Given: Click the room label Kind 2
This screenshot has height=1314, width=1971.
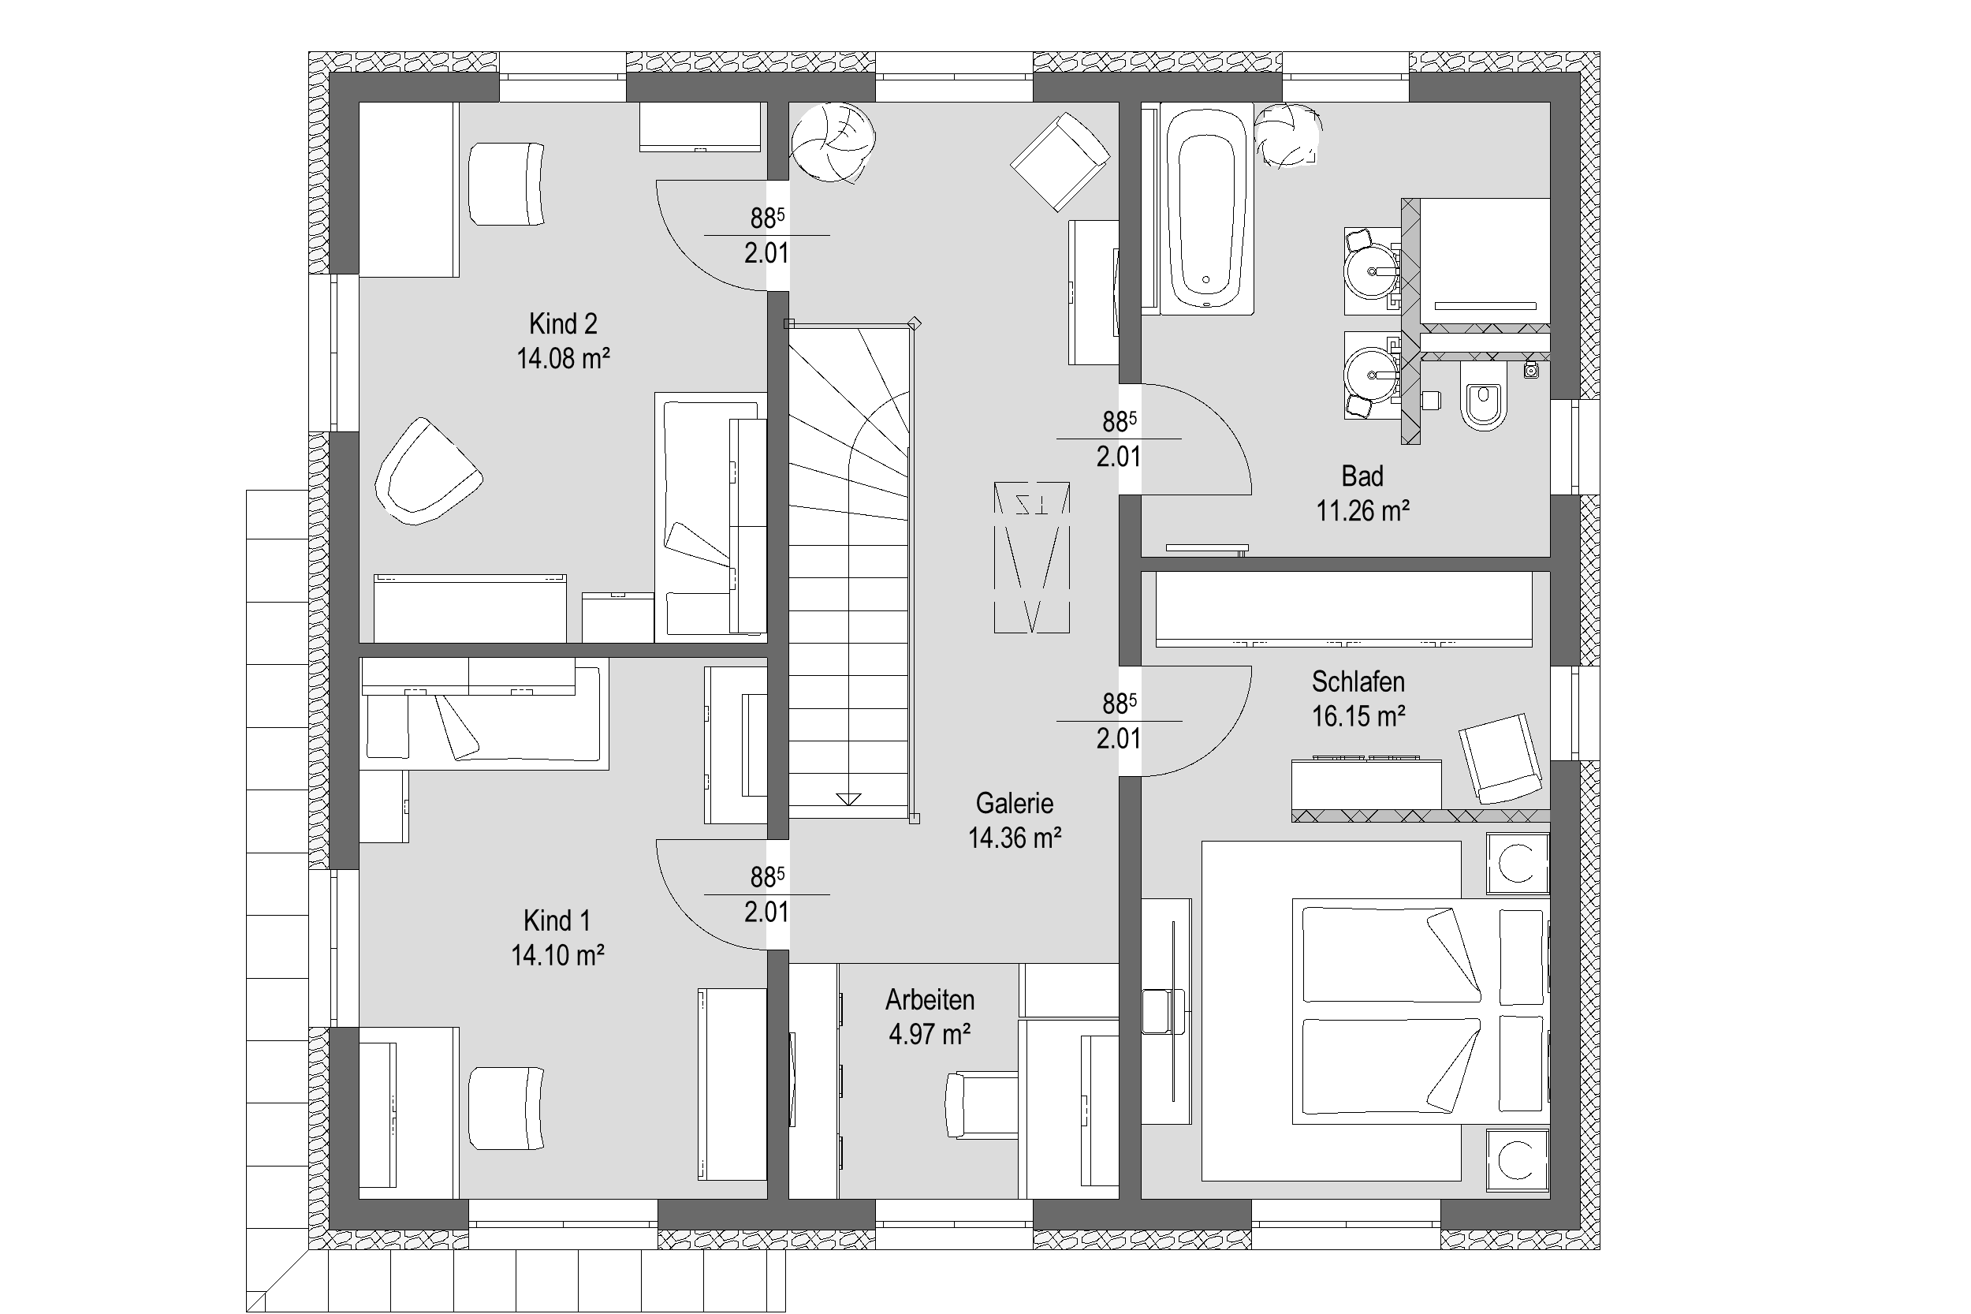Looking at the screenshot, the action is click(563, 323).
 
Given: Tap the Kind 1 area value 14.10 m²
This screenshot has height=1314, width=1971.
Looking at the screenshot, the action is click(558, 955).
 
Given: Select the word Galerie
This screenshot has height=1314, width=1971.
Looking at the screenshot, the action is click(1015, 803).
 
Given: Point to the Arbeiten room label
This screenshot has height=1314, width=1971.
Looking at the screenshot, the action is click(930, 1000).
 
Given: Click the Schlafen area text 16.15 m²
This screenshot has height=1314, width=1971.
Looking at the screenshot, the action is click(1358, 716).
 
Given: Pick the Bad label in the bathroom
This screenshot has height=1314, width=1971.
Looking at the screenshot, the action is click(1362, 476).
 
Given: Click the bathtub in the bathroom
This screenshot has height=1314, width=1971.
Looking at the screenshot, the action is click(1206, 209).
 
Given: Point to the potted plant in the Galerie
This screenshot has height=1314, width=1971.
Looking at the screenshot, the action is click(833, 143).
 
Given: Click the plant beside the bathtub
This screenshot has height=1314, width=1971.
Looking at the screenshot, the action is click(1288, 136).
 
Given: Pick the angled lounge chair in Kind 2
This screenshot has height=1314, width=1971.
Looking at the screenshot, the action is click(427, 472).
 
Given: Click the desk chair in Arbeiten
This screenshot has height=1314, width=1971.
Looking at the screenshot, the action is click(981, 1104).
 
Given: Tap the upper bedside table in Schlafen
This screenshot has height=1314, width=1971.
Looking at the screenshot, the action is click(1517, 864).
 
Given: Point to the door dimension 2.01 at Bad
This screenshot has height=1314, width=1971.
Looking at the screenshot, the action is click(1118, 457).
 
